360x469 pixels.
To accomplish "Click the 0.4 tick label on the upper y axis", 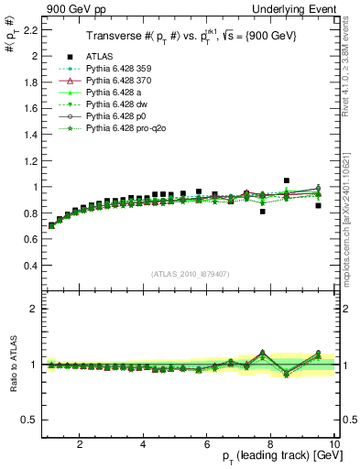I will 30,266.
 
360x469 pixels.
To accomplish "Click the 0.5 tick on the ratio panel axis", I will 30,420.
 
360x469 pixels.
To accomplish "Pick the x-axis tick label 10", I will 334,445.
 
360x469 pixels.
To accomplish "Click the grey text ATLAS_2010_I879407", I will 190,272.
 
